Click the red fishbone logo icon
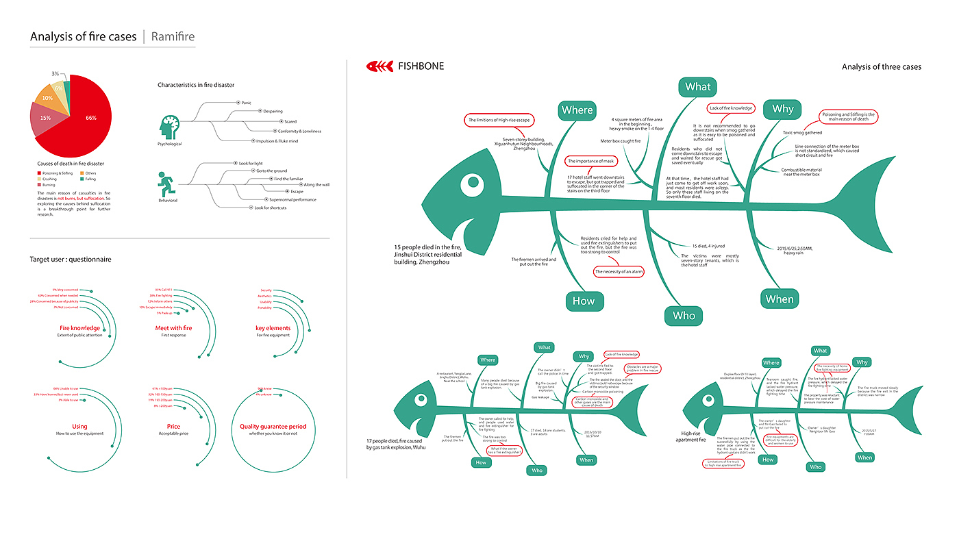[x=379, y=66]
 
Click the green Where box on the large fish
[x=577, y=110]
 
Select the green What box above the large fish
[x=697, y=87]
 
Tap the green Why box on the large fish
[x=782, y=109]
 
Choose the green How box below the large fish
[x=584, y=301]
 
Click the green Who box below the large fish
[x=683, y=316]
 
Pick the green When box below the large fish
[x=780, y=299]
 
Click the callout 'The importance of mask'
[x=591, y=161]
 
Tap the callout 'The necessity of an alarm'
[x=618, y=272]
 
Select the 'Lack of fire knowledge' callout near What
[x=731, y=108]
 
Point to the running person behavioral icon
[x=166, y=186]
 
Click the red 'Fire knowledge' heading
[x=79, y=328]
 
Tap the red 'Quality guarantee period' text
[x=273, y=427]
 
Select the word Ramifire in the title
[x=173, y=36]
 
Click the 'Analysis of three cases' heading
[x=881, y=66]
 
